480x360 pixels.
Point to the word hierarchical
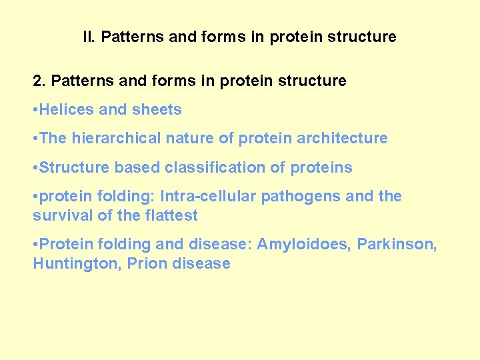(x=109, y=139)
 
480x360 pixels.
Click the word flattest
(x=171, y=216)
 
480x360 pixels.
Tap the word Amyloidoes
(x=304, y=245)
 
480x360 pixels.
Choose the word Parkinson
(x=395, y=245)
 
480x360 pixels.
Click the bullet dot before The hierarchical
(x=35, y=139)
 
